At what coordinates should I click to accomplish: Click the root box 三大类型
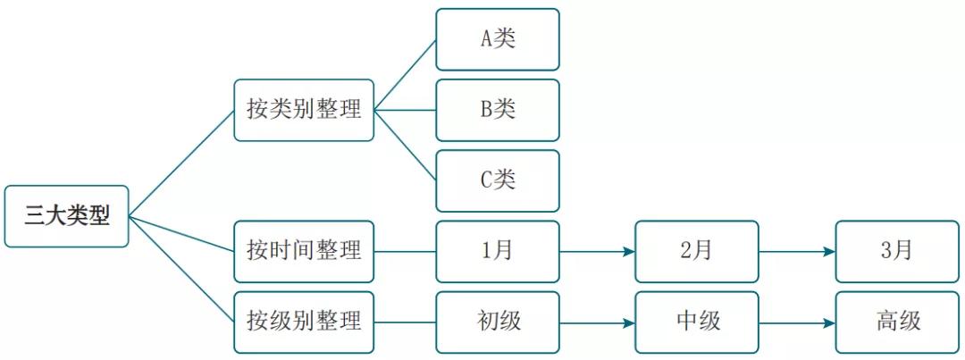66,216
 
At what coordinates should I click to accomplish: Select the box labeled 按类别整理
304,110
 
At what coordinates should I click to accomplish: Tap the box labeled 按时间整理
304,251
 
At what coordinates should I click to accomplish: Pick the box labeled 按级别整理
304,322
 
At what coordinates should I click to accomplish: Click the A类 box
498,39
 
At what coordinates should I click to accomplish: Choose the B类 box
498,110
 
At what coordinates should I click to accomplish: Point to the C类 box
498,180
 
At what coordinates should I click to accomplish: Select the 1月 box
498,251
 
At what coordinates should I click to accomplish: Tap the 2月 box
697,251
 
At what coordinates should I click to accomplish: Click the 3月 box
896,251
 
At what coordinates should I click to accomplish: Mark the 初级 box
498,322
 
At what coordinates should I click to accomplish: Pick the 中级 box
697,322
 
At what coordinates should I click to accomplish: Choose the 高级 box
896,322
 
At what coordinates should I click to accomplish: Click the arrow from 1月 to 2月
597,251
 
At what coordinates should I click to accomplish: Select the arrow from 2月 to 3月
797,251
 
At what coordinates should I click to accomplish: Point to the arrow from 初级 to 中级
597,322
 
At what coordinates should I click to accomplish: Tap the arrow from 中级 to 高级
797,322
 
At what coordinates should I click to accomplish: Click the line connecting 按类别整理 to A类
405,75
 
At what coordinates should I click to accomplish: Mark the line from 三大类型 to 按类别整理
181,162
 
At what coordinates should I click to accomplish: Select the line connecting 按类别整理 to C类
405,145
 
